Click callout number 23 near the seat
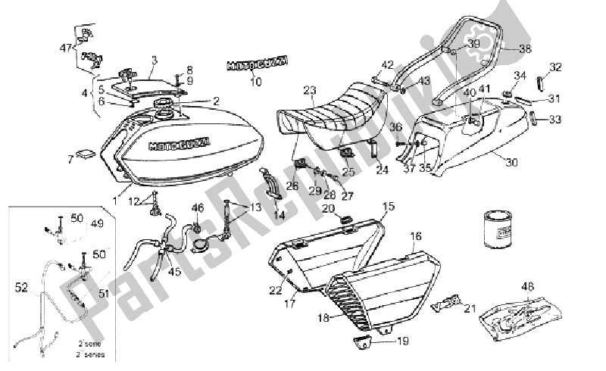point(309,90)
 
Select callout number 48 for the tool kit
point(528,286)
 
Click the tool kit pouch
point(523,314)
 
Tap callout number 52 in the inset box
point(20,287)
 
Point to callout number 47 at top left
point(65,47)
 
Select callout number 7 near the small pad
point(70,160)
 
